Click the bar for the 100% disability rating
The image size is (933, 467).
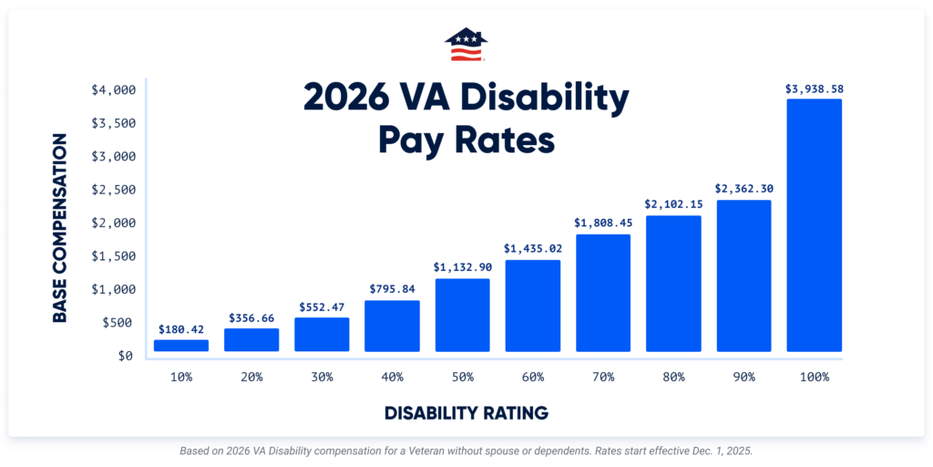tap(814, 225)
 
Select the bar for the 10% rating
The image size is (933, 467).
tap(181, 346)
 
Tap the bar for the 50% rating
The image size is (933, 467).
tap(462, 315)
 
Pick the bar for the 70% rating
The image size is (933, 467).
tap(603, 293)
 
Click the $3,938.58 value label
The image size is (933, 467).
tap(814, 89)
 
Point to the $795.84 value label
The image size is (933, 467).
tap(392, 289)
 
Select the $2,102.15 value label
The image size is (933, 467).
tap(673, 204)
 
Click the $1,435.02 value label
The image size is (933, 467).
tap(533, 248)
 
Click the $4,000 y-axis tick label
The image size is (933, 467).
tap(113, 89)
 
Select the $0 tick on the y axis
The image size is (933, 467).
tap(125, 356)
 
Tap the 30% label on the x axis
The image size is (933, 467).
tap(322, 377)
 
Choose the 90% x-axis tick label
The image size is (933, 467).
tap(743, 377)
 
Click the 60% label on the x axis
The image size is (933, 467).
tap(533, 377)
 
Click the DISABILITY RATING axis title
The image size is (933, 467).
tap(466, 413)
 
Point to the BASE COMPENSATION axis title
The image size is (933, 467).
tap(60, 228)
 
